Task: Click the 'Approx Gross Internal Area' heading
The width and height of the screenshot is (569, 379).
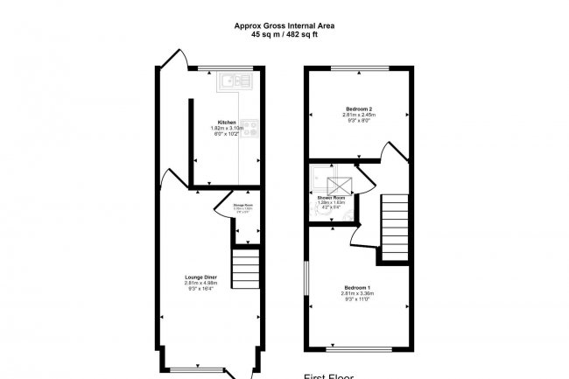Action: pyautogui.click(x=284, y=26)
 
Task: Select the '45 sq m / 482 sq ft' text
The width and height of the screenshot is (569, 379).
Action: pyautogui.click(x=284, y=35)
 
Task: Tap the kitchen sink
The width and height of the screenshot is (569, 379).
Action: pyautogui.click(x=233, y=81)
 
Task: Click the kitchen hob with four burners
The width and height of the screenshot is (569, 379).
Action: pyautogui.click(x=250, y=128)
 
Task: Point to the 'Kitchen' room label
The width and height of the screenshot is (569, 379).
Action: pyautogui.click(x=227, y=122)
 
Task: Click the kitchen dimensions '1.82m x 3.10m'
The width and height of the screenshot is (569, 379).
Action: pyautogui.click(x=227, y=129)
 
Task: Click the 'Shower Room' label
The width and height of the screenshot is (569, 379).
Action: pyautogui.click(x=332, y=198)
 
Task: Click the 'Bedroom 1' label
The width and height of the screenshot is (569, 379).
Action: pyautogui.click(x=357, y=288)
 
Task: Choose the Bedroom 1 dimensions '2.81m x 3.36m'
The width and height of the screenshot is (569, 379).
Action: pyautogui.click(x=357, y=295)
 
